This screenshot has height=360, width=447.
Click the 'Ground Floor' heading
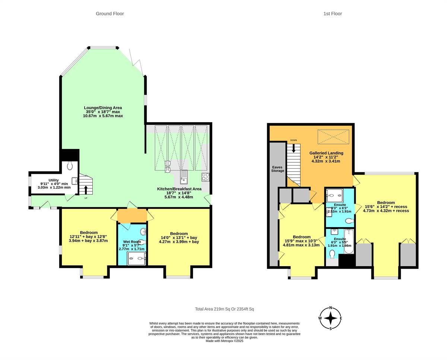[110, 14]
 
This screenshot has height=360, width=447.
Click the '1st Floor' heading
[332, 14]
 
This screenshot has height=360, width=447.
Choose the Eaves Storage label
[278, 169]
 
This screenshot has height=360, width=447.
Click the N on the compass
[330, 309]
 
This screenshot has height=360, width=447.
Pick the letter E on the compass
[340, 318]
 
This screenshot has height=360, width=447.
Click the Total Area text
[224, 309]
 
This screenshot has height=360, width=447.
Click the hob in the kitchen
[205, 177]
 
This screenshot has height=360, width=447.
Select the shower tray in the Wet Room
[136, 258]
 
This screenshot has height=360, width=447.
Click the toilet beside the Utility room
[70, 166]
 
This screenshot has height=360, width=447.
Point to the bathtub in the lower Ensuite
[349, 241]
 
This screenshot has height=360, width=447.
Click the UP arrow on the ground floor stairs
[86, 189]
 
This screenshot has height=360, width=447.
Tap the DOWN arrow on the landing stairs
[294, 148]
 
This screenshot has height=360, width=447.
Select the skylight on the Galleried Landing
[333, 137]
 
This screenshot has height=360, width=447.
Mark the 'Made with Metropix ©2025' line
[224, 341]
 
